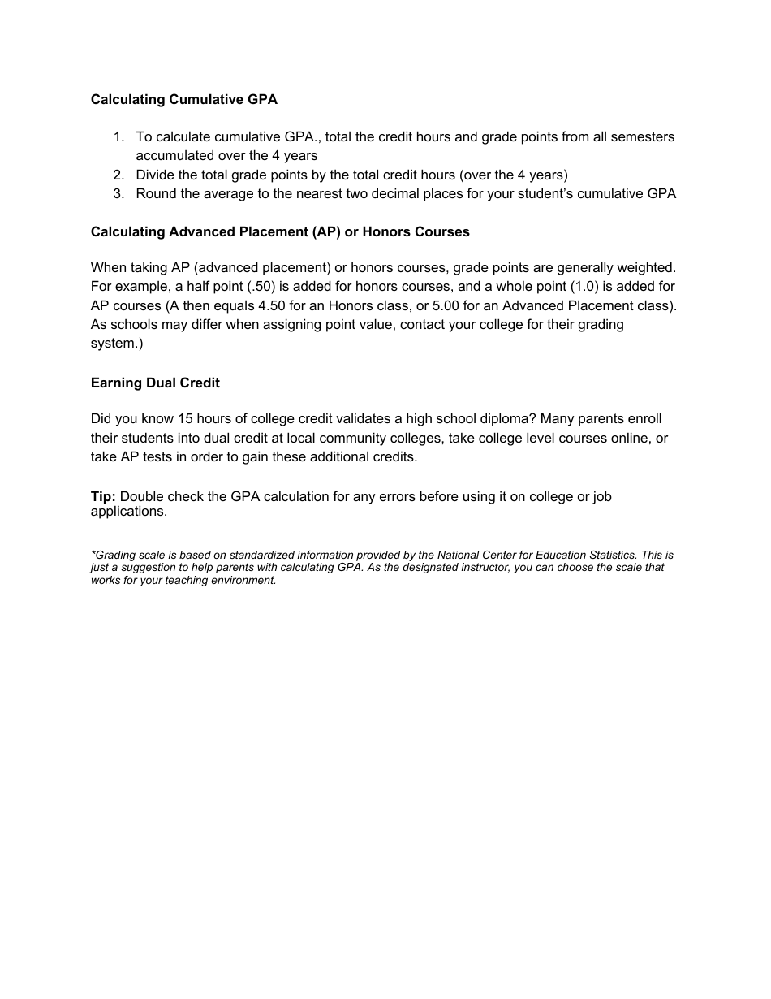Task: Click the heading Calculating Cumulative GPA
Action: point(183,99)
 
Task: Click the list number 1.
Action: point(118,136)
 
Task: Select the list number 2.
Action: point(118,175)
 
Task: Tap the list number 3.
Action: point(118,193)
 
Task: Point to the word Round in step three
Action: point(155,193)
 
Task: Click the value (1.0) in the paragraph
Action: point(584,286)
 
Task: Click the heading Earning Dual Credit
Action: point(155,383)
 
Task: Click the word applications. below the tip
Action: point(128,511)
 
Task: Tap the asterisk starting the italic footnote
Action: point(93,554)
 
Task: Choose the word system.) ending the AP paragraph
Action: point(117,343)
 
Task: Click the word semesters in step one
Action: point(645,136)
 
